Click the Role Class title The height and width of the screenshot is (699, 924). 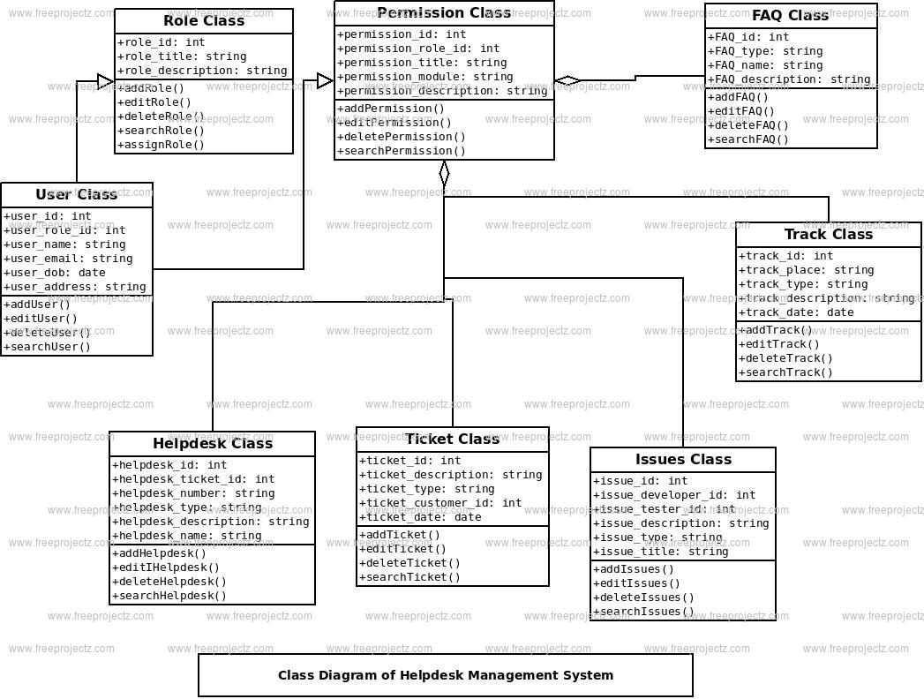[204, 21]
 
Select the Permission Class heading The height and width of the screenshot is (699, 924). [444, 13]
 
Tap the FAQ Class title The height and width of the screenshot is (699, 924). [791, 16]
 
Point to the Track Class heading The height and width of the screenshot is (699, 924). [829, 235]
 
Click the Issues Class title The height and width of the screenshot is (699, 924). [683, 460]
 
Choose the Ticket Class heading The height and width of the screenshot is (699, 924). [453, 440]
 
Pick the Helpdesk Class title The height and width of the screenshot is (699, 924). [213, 444]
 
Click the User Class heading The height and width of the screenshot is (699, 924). [77, 195]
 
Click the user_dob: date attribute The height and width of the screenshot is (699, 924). [55, 273]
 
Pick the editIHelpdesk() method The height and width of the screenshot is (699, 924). [166, 567]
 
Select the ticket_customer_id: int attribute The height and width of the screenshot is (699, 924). [440, 503]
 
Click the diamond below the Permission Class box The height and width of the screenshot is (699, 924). [444, 173]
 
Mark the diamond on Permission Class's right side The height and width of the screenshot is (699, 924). [567, 81]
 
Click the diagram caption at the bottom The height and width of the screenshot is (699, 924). [446, 675]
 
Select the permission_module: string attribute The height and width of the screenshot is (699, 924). [425, 77]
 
